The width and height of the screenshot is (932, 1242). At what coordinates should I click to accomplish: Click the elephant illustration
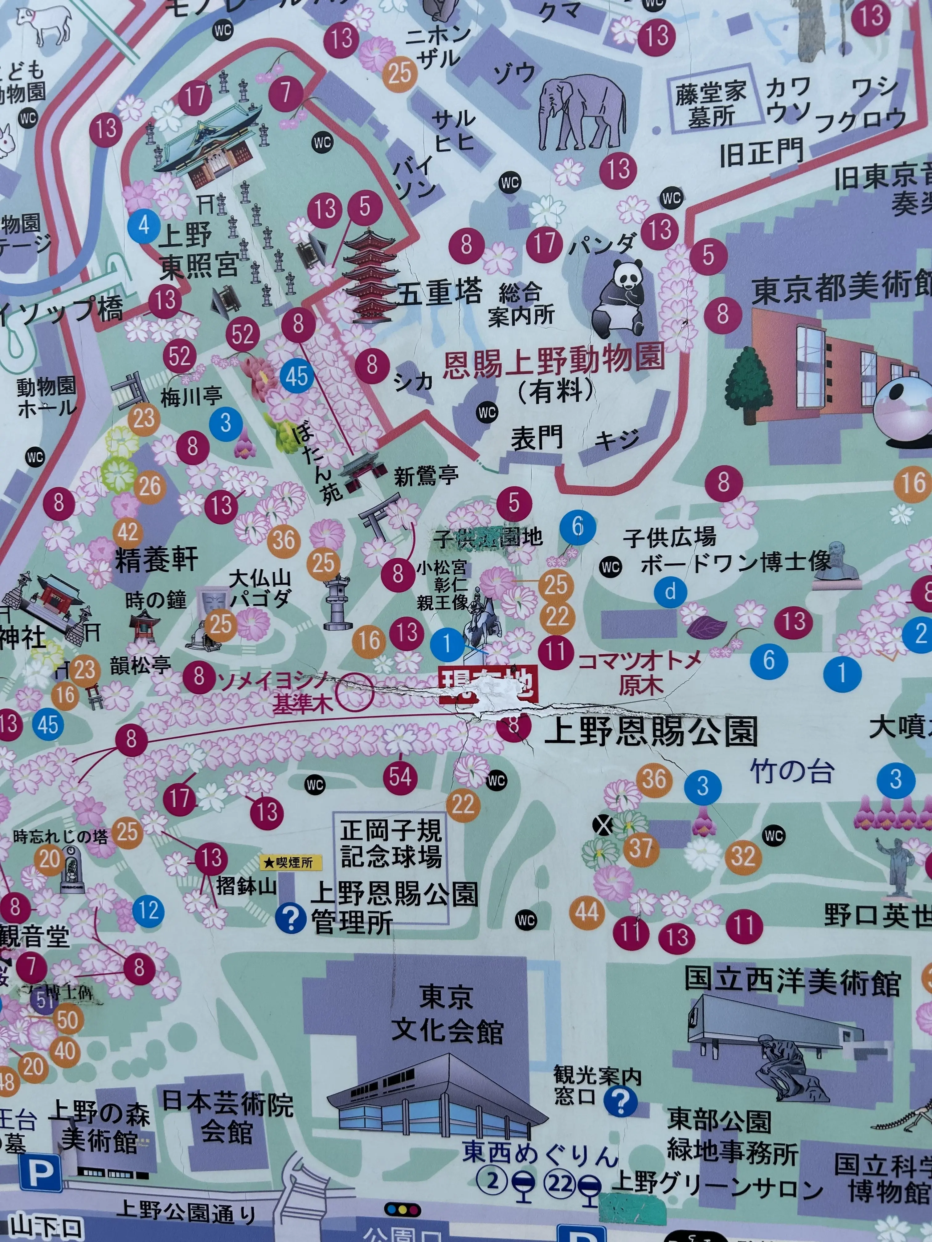582,112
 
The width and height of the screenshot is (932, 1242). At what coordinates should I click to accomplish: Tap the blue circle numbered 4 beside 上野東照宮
144,225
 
